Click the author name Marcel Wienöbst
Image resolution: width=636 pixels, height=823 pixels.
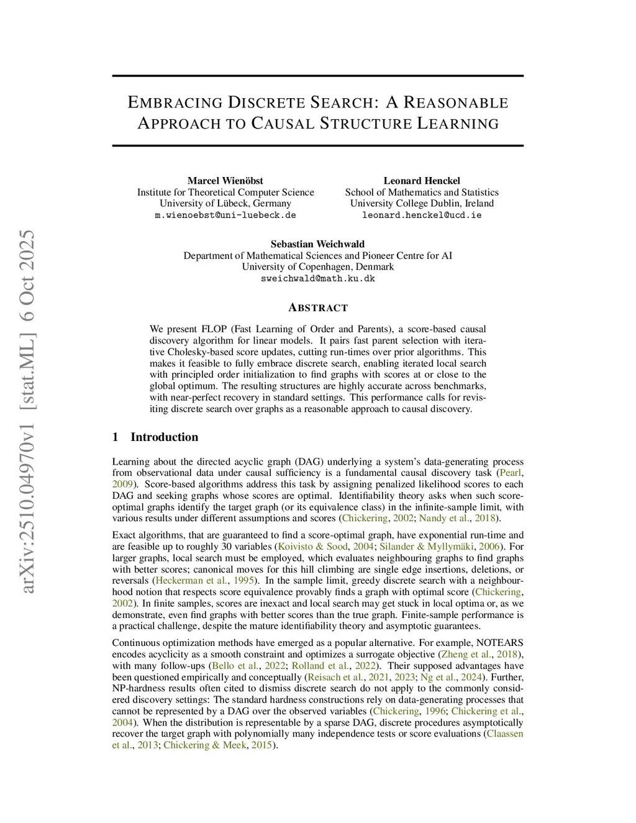(225, 181)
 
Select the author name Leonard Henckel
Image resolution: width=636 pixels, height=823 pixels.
(422, 181)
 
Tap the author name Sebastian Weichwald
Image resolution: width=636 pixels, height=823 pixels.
(317, 244)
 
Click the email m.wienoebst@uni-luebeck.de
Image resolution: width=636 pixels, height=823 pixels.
(225, 215)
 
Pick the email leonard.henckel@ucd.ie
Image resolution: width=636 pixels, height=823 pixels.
(422, 215)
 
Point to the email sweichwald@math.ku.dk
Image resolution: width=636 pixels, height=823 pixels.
(317, 278)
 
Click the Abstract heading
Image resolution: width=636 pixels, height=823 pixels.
(318, 307)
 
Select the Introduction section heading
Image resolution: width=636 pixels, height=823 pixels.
(164, 437)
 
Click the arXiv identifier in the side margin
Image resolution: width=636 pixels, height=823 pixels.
(27, 411)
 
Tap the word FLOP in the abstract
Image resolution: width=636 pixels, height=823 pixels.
(216, 329)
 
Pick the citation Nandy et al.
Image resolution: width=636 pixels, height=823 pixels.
(444, 518)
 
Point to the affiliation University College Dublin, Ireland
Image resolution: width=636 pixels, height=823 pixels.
(422, 204)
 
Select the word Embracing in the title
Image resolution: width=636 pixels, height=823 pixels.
(175, 102)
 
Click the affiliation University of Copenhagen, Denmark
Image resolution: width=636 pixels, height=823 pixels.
(317, 267)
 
